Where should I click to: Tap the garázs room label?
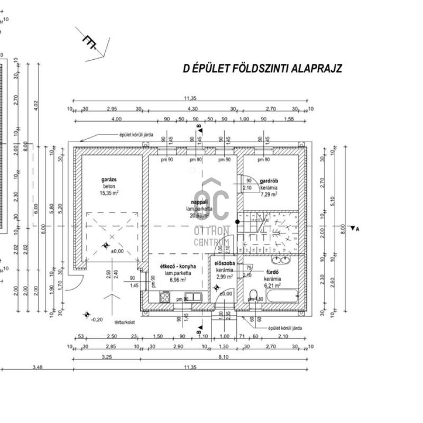(109, 180)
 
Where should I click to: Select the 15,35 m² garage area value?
(109, 194)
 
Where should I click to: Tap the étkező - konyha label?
(180, 266)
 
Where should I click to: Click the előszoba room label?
(225, 263)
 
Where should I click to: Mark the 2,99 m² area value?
(224, 276)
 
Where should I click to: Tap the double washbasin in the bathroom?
(280, 260)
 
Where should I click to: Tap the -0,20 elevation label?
(96, 319)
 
